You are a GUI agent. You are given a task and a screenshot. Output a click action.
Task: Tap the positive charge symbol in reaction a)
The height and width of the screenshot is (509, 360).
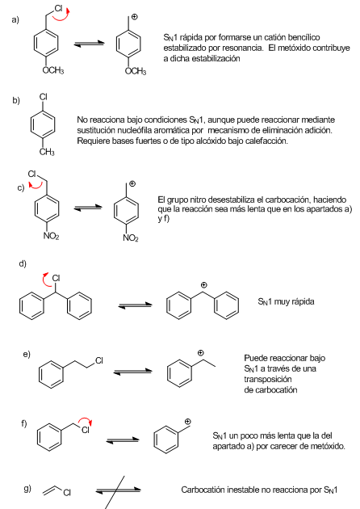pos(134,17)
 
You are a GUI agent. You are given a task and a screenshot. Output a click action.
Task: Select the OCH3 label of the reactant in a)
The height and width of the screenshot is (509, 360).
pos(53,70)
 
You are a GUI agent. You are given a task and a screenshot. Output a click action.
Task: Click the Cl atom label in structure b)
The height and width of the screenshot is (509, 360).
pos(43,97)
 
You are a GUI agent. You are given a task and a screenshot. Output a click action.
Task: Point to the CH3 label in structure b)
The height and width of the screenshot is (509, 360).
pos(47,152)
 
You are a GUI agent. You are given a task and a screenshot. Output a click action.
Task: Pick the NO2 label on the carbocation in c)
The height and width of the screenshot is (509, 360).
pos(131,238)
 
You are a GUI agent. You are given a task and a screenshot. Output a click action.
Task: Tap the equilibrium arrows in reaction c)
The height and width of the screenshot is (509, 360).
pos(87,208)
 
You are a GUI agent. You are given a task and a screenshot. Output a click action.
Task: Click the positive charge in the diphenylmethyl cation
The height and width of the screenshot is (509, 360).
pos(203,285)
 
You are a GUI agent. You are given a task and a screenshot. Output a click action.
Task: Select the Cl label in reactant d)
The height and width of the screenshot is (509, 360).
pos(57,278)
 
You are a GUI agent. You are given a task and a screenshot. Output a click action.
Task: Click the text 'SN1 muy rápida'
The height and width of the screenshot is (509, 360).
pos(286,302)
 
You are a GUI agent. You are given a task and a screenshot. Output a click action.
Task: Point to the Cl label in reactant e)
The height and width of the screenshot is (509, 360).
pos(99,360)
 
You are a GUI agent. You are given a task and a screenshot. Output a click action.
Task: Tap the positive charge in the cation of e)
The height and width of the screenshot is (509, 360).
pos(201,353)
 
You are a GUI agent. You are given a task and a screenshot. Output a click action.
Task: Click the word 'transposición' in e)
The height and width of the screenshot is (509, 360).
pos(263,379)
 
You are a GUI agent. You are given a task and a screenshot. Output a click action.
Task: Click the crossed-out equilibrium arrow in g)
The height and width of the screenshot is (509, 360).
pos(119,490)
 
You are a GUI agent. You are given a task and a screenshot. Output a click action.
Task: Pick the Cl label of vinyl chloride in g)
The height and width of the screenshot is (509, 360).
pos(67,493)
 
